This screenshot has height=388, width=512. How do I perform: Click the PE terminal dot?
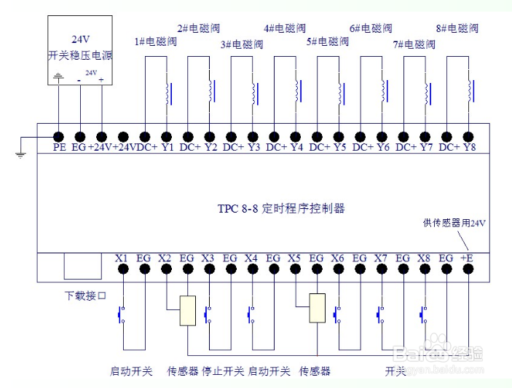pos(58,137)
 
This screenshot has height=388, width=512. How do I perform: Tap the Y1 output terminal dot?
pos(167,137)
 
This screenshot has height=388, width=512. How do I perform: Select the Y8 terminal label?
pos(469,147)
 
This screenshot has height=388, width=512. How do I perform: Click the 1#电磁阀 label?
pos(155,41)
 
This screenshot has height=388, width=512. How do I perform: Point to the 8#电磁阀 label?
pos(457,28)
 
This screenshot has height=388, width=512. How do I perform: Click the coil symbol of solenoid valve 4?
pos(298,91)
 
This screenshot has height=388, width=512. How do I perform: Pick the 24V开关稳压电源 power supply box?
pos(80,50)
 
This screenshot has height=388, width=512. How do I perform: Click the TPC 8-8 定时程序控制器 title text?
pos(281,208)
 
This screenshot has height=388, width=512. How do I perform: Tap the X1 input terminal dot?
pos(123,269)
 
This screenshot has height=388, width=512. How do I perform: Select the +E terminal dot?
pos(468,269)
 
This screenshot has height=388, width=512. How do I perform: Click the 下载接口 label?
pos(85,296)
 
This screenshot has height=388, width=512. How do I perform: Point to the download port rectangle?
pos(82,266)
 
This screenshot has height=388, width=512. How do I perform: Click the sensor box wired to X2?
pos(188,311)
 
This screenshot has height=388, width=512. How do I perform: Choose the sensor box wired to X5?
pos(317,308)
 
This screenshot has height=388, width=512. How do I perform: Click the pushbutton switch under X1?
pos(122,314)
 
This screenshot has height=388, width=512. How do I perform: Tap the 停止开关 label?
pos(223,371)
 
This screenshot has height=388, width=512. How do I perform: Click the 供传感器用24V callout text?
pos(454,223)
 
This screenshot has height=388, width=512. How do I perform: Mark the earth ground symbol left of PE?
pos(20,154)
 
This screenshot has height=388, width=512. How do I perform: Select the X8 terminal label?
pos(423,258)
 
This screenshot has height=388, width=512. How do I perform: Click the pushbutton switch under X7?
pos(381,314)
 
